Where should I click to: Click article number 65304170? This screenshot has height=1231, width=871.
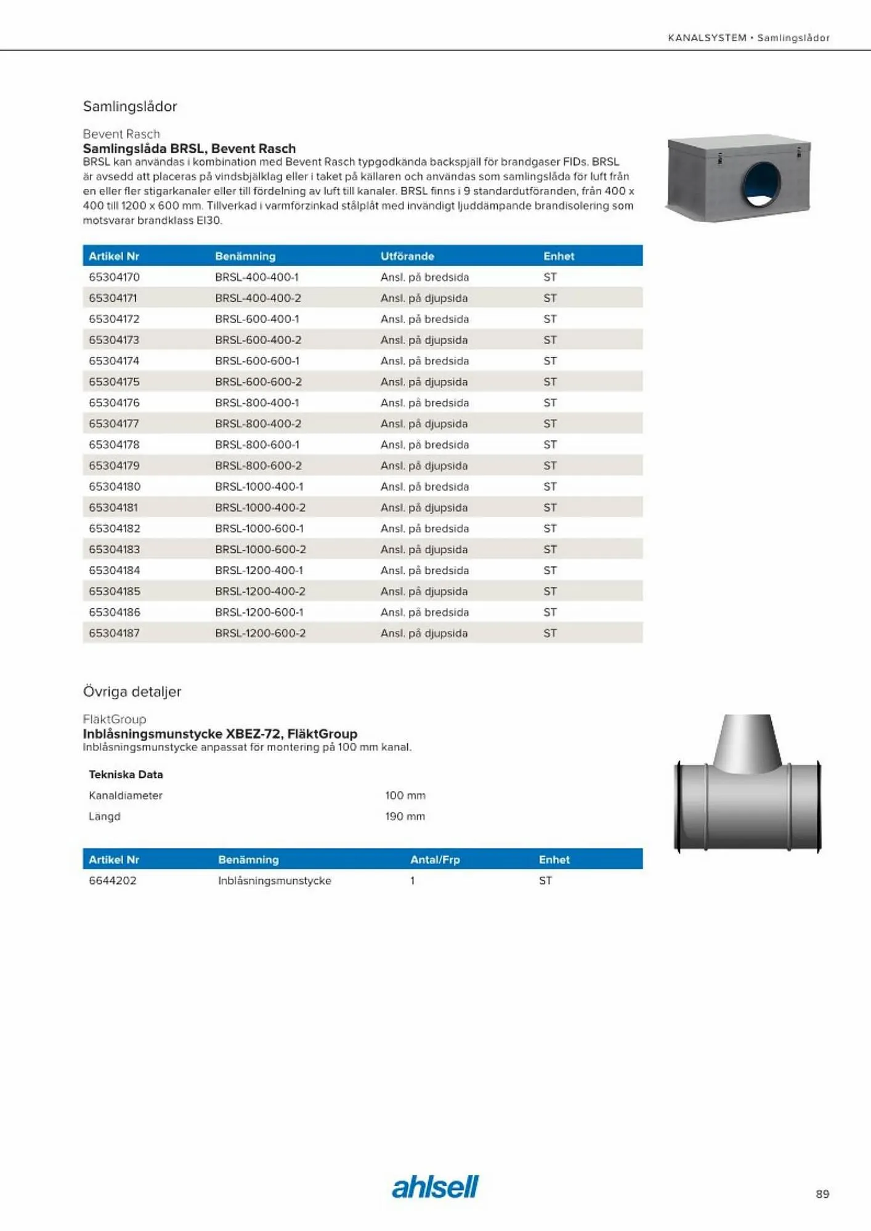coord(114,277)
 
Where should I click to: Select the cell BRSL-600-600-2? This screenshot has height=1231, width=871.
coord(258,382)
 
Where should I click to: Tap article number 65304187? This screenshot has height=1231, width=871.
coord(114,633)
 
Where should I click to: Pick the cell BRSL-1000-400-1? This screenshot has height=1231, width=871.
coord(259,486)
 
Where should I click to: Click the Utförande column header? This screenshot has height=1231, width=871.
coord(407,256)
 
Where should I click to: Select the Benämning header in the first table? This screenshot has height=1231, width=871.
coord(245,256)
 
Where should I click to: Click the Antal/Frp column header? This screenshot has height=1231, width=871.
coord(435,859)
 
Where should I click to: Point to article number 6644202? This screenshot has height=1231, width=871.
coord(113,880)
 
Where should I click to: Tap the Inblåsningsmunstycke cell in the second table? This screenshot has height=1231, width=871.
coord(274,880)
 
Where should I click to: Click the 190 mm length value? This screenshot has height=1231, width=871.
coord(405,816)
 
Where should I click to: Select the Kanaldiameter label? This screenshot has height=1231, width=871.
coord(126,795)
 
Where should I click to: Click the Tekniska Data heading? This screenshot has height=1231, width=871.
coord(126,774)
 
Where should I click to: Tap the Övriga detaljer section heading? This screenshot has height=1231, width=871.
coord(132,691)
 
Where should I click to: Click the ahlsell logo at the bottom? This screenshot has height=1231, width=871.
coord(435,1187)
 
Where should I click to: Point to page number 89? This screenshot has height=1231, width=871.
coord(822,1194)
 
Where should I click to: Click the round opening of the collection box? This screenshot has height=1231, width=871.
coord(761,184)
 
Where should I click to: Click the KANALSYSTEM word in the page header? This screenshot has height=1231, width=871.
coord(707,38)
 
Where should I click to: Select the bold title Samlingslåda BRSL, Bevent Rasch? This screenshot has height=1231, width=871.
coord(189,148)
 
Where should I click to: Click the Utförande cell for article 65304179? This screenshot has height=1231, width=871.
coord(424,465)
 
